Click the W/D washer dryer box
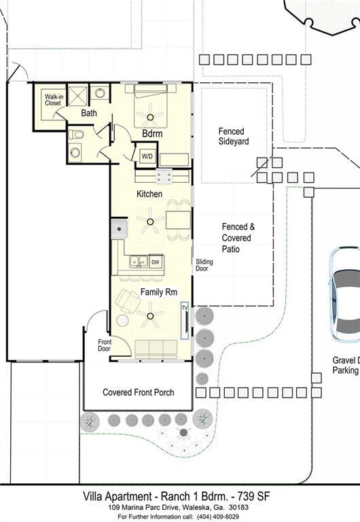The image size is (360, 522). pyautogui.click(x=147, y=156)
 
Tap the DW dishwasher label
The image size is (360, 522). pyautogui.click(x=155, y=262)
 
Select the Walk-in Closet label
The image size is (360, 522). pyautogui.click(x=54, y=100)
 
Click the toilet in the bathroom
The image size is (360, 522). pyautogui.click(x=77, y=135)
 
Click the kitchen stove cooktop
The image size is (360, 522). pyautogui.click(x=164, y=177)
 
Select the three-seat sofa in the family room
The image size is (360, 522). pyautogui.click(x=156, y=348)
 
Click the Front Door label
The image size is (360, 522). pyautogui.click(x=105, y=345)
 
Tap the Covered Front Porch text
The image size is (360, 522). pyautogui.click(x=138, y=392)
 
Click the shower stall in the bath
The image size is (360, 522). pyautogui.click(x=78, y=94)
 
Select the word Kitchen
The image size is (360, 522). pyautogui.click(x=149, y=194)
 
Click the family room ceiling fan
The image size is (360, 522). pyautogui.click(x=149, y=314)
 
